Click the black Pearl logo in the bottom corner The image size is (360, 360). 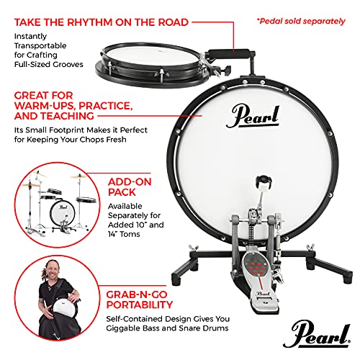317,333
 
